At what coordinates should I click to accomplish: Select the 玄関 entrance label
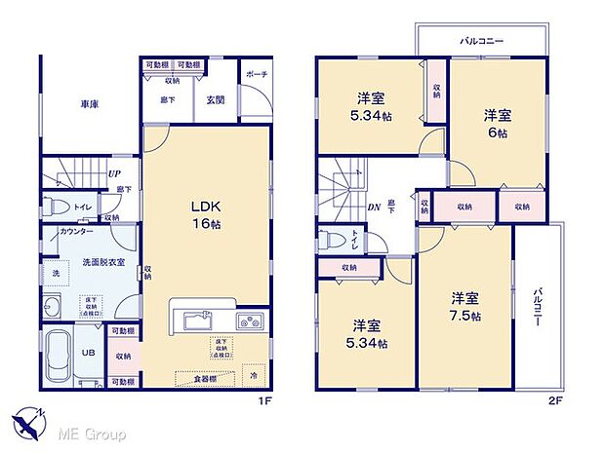[x=216, y=97]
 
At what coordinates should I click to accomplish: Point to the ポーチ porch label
[x=257, y=73]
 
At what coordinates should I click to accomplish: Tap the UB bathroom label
[x=88, y=354]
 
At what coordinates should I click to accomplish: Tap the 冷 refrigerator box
[x=254, y=374]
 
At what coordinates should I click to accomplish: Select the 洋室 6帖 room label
[x=499, y=123]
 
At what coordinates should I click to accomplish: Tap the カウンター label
[x=76, y=231]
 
